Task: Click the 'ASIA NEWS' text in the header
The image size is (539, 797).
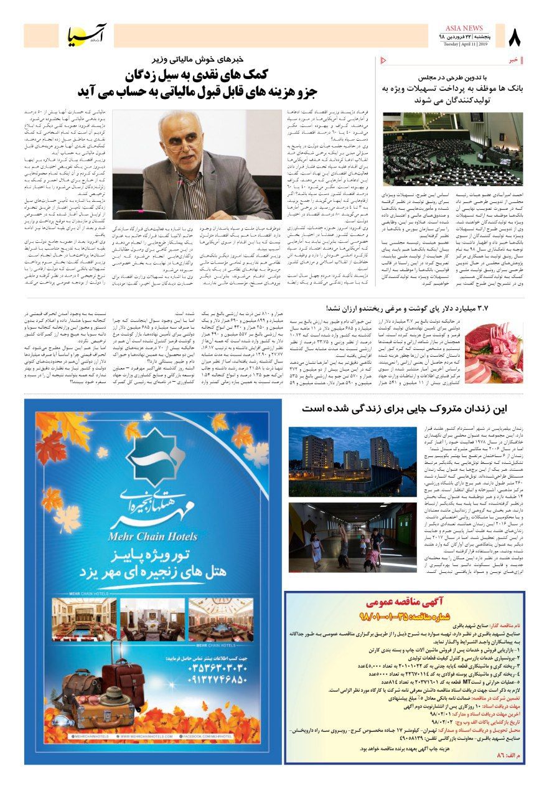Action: (x=464, y=28)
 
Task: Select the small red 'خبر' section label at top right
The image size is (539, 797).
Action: (x=513, y=60)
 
